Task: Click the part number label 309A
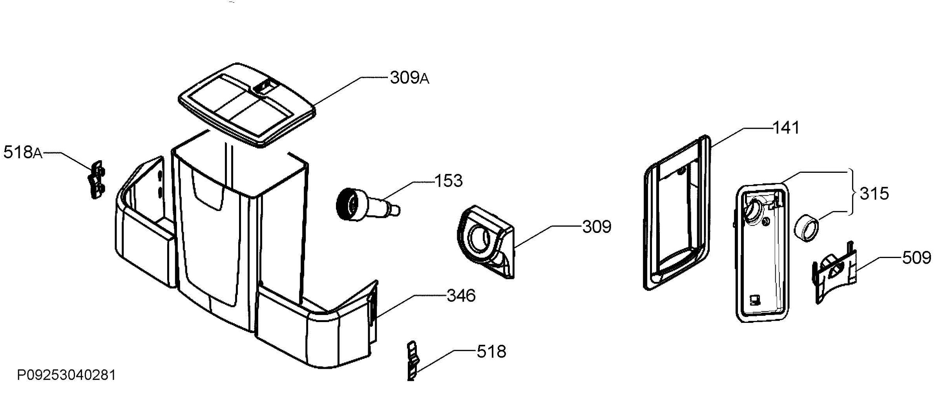point(409,78)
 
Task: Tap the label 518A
point(23,152)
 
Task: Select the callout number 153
point(449,181)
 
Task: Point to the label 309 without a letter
point(597,227)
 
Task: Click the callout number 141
point(786,128)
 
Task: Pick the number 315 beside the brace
point(874,194)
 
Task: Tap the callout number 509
point(917,258)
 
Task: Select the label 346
point(461,295)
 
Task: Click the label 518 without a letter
point(491,352)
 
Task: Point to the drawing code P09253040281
point(66,375)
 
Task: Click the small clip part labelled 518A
point(96,179)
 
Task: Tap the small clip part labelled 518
point(412,361)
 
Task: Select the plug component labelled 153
point(367,205)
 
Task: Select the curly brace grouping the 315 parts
point(853,192)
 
